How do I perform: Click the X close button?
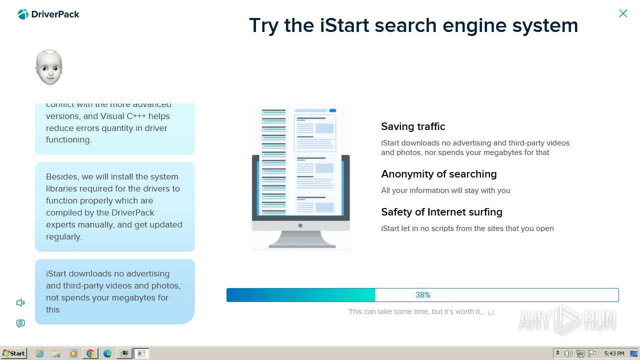623,13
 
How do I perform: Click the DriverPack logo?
48,14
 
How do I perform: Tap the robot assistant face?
49,67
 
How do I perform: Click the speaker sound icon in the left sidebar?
20,302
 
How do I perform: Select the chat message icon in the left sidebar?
20,323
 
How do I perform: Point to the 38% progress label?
422,295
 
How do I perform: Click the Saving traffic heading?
413,126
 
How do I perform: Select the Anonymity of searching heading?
438,174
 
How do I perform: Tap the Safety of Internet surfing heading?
441,212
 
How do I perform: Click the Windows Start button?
14,353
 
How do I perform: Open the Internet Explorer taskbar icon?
40,353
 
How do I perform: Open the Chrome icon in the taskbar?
90,353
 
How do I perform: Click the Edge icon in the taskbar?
107,353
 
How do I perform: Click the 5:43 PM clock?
614,353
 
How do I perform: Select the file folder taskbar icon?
56,353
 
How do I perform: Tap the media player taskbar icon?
73,353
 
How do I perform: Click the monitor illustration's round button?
300,225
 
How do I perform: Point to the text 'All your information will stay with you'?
445,190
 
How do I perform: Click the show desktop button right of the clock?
634,353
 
